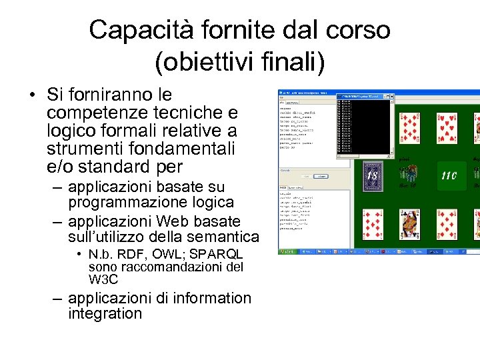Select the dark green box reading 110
click(449, 176)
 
